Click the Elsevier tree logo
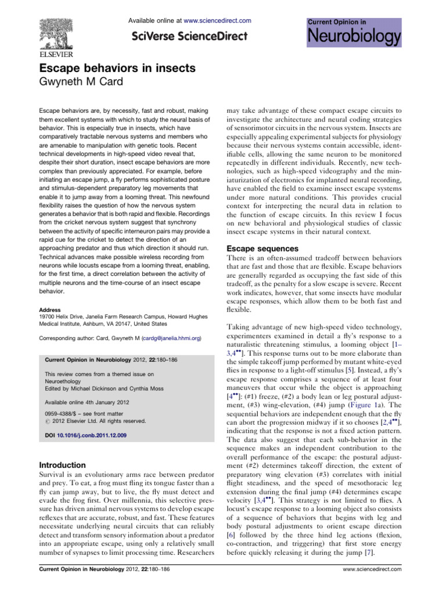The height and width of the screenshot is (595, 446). click(60, 29)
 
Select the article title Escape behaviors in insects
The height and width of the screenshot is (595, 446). click(117, 69)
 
